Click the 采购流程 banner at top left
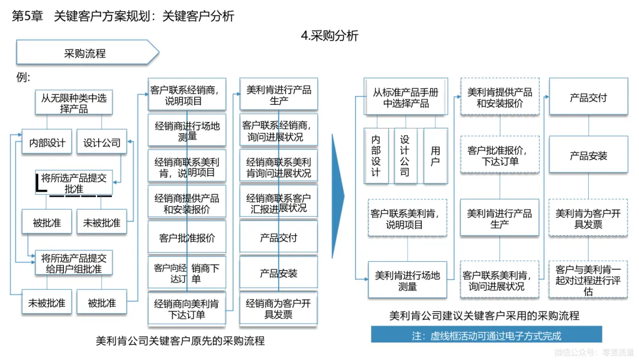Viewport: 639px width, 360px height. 86,53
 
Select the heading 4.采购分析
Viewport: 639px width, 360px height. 330,36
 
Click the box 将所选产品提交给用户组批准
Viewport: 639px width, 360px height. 73,263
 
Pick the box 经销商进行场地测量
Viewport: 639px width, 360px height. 187,131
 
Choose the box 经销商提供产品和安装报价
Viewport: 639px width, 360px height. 187,203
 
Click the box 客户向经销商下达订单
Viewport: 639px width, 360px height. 187,274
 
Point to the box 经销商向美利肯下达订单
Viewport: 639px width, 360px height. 187,309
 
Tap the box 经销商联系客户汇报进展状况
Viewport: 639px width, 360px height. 278,202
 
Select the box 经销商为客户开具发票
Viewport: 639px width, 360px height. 278,309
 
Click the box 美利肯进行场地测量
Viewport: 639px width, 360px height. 408,281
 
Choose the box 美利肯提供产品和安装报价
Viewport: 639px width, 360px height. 500,97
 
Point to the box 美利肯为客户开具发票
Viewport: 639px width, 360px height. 588,218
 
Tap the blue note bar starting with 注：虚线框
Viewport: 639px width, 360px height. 486,335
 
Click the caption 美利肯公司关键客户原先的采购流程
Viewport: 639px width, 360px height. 180,341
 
